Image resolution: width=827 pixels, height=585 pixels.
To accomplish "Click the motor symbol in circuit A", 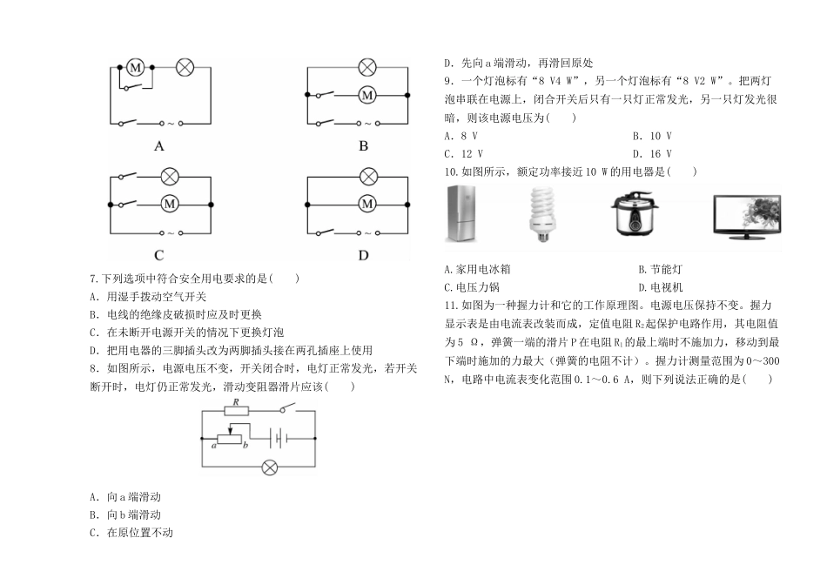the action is pyautogui.click(x=136, y=68).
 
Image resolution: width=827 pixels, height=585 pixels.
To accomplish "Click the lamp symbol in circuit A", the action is pyautogui.click(x=185, y=68).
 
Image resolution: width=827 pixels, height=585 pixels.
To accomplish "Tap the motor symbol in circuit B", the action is pyautogui.click(x=367, y=96).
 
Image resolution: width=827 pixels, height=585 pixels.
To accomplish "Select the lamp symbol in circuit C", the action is pyautogui.click(x=169, y=177).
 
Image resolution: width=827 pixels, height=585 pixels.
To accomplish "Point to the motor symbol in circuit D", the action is pyautogui.click(x=367, y=205).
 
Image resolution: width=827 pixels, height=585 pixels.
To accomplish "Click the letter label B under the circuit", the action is pyautogui.click(x=363, y=146).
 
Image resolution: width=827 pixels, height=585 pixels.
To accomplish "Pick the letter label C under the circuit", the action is pyautogui.click(x=159, y=255).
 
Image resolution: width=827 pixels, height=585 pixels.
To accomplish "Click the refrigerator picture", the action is pyautogui.click(x=461, y=213).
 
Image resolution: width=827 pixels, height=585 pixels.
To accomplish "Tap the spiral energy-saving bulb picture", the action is pyautogui.click(x=543, y=214).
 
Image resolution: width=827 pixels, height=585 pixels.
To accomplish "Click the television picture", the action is pyautogui.click(x=748, y=217).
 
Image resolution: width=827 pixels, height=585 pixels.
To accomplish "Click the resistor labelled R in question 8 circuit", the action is pyautogui.click(x=237, y=411).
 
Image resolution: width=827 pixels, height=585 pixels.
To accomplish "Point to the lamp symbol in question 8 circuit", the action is pyautogui.click(x=270, y=467).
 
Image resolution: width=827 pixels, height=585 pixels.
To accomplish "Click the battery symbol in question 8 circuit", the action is pyautogui.click(x=278, y=439).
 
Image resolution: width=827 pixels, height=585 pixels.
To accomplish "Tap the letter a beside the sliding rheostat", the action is pyautogui.click(x=214, y=446).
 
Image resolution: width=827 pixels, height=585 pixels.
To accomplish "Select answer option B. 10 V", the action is pyautogui.click(x=652, y=136).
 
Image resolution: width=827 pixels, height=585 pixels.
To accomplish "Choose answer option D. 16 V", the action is pyautogui.click(x=652, y=154).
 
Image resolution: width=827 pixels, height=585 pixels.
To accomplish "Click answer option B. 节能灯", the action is pyautogui.click(x=661, y=270).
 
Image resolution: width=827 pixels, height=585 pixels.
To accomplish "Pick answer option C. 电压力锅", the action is pyautogui.click(x=472, y=287).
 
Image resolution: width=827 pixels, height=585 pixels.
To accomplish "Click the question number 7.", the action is pyautogui.click(x=94, y=279).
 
